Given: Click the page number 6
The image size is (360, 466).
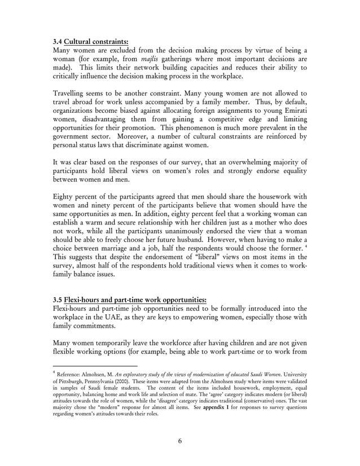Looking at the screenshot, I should (x=179, y=441).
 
